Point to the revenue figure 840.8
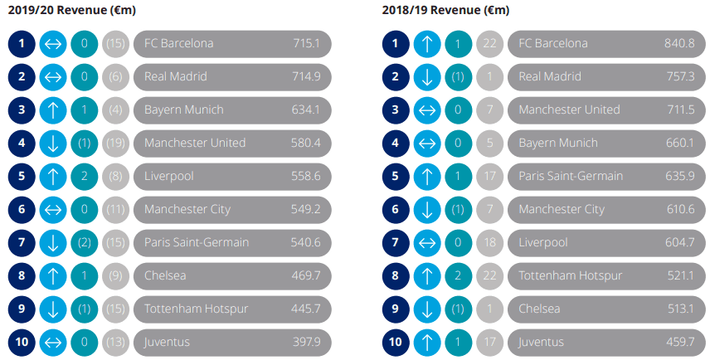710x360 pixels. tap(679, 43)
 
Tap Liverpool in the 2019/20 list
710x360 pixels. tap(168, 176)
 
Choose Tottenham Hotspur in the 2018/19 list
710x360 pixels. tap(569, 275)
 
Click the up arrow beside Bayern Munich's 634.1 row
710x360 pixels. tap(53, 109)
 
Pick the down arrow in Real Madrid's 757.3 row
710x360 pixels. tap(427, 76)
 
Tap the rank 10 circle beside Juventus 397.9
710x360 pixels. tap(22, 342)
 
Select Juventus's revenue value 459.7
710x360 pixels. tap(679, 342)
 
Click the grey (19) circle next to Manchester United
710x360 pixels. tap(115, 143)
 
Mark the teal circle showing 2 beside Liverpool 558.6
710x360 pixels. tap(84, 176)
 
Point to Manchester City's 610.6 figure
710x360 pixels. tap(679, 209)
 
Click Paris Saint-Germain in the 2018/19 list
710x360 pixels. tap(571, 176)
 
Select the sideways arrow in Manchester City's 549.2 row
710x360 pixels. tap(53, 209)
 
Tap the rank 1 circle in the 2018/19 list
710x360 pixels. tap(396, 43)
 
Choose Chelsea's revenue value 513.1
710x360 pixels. tap(679, 309)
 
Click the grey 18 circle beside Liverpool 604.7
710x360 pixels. tap(489, 242)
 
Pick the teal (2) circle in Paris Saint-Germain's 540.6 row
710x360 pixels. tap(84, 242)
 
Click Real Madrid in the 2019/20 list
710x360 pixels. tap(176, 76)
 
